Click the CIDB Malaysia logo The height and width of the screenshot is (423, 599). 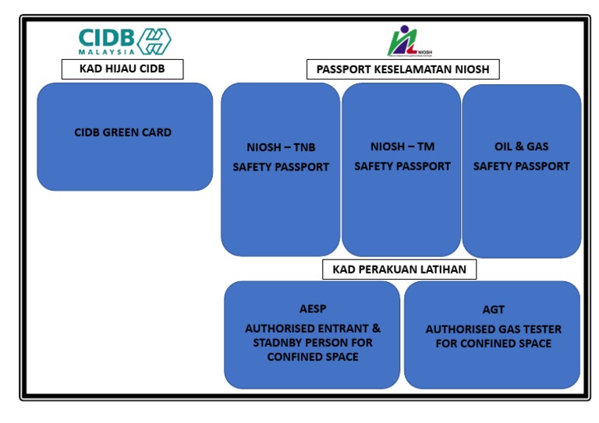click(124, 41)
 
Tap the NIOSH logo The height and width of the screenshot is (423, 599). click(409, 41)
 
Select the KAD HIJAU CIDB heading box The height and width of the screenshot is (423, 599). click(122, 69)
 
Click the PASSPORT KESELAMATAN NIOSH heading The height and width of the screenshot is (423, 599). click(402, 69)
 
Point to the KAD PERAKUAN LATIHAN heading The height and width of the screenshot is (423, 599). click(399, 270)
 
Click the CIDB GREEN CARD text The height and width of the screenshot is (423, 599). click(122, 132)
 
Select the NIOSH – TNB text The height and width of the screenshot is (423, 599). click(281, 148)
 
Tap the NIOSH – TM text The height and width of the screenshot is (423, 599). click(402, 146)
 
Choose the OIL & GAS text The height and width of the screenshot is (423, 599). click(521, 146)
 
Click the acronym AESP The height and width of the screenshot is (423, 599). click(312, 309)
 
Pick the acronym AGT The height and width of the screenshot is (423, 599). click(493, 310)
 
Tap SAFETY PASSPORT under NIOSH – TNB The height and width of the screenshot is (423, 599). click(281, 167)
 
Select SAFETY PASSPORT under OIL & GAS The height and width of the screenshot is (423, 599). click(521, 166)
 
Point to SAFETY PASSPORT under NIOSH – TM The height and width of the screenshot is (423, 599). click(402, 166)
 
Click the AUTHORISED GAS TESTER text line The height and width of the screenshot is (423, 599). click(493, 329)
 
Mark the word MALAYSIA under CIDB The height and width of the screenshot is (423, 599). click(106, 52)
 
